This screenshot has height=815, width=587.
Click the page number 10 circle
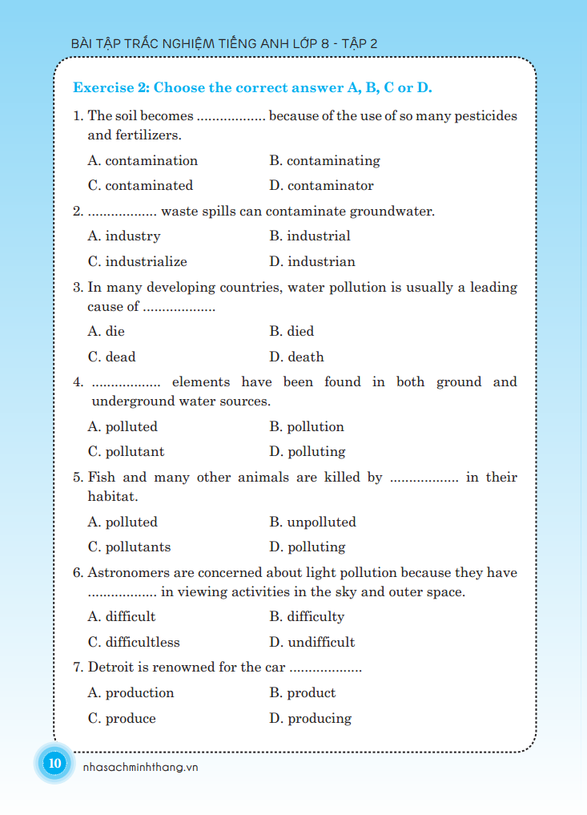point(54,763)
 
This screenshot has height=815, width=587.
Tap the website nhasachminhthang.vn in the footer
point(140,767)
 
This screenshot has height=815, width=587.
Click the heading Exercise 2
point(252,87)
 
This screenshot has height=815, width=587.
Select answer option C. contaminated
point(140,185)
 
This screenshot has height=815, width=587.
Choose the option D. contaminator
point(321,185)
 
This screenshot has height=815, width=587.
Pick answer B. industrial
point(310,236)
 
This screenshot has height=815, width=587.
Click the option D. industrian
point(312,261)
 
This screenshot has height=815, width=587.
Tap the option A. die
point(107,331)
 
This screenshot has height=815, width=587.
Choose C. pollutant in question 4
point(126,451)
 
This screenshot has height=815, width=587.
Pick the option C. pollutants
point(129,547)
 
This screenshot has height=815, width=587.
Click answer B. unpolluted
point(312,522)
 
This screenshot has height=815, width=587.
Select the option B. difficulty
point(307,616)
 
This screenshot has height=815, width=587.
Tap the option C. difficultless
point(134,642)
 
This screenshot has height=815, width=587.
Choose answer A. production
point(131,692)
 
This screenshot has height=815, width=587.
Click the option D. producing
point(310,718)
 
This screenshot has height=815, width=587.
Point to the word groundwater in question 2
point(392,212)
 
